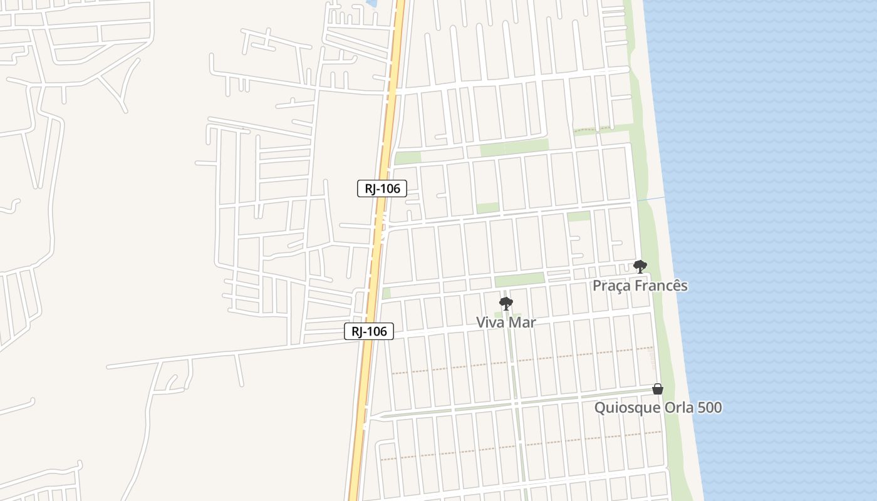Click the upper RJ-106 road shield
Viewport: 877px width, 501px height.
pos(382,189)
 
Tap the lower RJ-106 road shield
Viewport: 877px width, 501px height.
pos(369,331)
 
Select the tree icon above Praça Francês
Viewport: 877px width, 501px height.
pos(640,267)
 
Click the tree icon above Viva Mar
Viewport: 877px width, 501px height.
pos(506,304)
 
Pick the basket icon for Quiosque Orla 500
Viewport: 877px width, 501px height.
pos(657,389)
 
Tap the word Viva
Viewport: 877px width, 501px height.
pos(491,323)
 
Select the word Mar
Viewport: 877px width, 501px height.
pos(523,323)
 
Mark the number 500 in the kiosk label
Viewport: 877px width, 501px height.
pos(709,408)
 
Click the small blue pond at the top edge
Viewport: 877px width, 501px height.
pos(371,3)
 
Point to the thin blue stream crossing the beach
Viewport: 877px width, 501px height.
pos(651,199)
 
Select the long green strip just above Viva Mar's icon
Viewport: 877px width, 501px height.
pos(519,280)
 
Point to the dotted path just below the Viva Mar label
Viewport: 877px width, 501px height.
pos(520,361)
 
